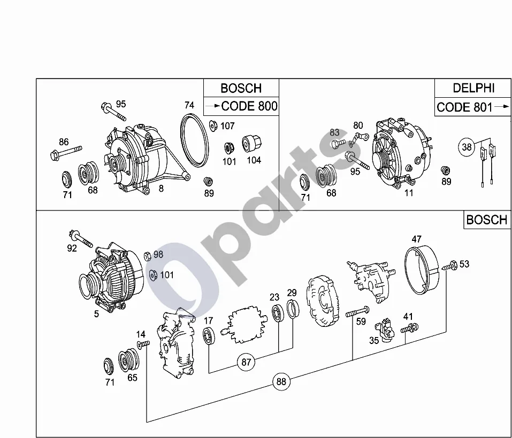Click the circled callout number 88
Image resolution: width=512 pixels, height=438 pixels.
(x=281, y=381)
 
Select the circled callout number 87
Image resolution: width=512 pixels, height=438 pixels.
(x=246, y=362)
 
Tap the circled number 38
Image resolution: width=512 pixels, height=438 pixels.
(x=467, y=147)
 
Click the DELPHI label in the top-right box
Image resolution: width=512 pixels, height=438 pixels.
(x=473, y=88)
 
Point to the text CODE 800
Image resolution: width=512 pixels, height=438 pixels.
(x=249, y=106)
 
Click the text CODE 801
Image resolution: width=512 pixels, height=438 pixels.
(x=464, y=107)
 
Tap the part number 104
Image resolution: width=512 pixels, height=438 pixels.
(x=254, y=160)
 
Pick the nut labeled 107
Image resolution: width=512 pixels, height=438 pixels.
(x=213, y=125)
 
